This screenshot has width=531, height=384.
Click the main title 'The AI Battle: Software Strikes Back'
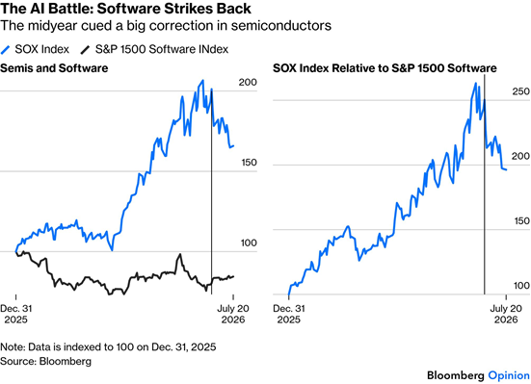(x=125, y=8)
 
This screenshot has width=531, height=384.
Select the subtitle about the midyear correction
(x=166, y=25)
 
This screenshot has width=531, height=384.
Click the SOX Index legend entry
(x=35, y=49)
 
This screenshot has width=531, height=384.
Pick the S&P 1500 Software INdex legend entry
(x=154, y=49)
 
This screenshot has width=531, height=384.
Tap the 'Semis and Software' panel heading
(x=54, y=68)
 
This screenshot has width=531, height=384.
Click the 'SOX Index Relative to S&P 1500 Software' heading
(x=385, y=68)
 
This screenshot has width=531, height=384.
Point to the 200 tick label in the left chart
(x=248, y=82)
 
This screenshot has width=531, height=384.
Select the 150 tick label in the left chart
(x=249, y=163)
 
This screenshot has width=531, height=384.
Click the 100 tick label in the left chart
(x=249, y=243)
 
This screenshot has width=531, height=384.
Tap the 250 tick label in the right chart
(x=520, y=91)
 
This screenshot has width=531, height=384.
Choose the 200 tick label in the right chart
(x=520, y=156)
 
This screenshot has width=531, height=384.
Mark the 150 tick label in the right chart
(x=521, y=221)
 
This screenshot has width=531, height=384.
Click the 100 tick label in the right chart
(x=521, y=286)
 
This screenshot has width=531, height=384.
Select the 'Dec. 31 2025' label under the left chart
(x=16, y=314)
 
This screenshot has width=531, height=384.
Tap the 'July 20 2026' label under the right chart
(x=506, y=314)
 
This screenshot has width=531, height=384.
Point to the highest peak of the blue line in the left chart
(x=202, y=81)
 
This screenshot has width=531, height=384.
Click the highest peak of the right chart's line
(x=476, y=83)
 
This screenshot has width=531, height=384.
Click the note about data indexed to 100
(x=108, y=347)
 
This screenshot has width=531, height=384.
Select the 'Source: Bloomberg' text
(x=45, y=361)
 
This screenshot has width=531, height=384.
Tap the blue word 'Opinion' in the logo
(x=509, y=376)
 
